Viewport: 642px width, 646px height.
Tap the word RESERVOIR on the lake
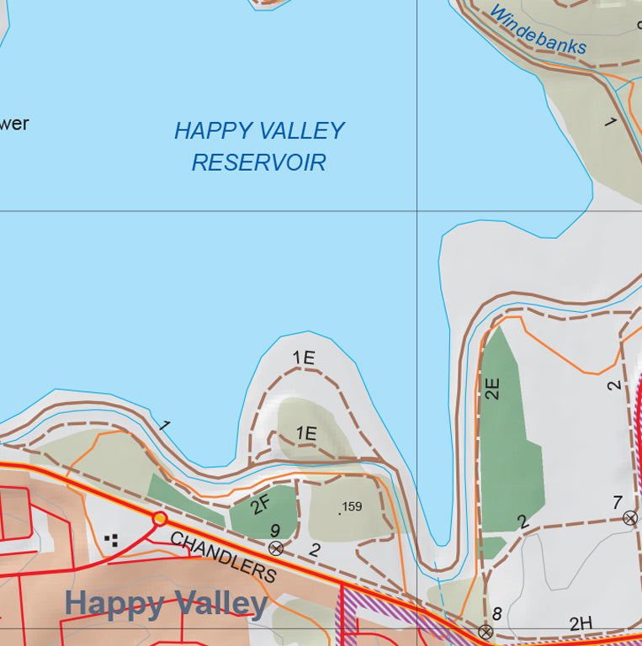[x=258, y=162]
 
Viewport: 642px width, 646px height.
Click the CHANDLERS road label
[x=223, y=558]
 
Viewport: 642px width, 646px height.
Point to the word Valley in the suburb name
[x=221, y=603]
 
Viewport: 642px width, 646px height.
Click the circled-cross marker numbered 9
[x=275, y=548]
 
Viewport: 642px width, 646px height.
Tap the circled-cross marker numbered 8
[x=485, y=631]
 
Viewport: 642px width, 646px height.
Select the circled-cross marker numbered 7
[x=630, y=518]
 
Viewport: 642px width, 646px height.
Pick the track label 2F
[x=261, y=504]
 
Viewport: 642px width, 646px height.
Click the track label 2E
[x=493, y=388]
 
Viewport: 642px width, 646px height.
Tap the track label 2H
[x=581, y=623]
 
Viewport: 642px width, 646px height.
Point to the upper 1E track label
[x=304, y=357]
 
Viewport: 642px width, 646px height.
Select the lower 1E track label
[x=306, y=434]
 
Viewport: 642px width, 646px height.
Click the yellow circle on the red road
[x=159, y=518]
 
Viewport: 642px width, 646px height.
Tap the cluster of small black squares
[x=111, y=539]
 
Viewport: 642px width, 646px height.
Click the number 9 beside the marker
[x=274, y=531]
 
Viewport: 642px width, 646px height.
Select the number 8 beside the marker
[x=496, y=614]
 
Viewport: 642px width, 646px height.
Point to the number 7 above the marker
[x=617, y=502]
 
